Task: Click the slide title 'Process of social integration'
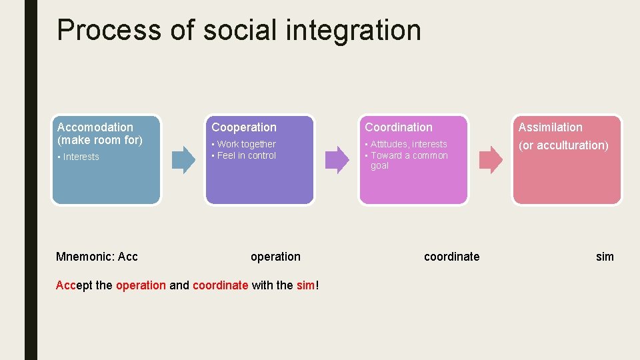(x=239, y=30)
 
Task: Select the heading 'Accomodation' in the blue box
(x=95, y=127)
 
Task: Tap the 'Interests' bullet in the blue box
(x=81, y=157)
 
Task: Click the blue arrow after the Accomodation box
(x=183, y=159)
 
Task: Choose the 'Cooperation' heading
(x=244, y=127)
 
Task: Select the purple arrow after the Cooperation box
(x=337, y=159)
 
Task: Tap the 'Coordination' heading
(x=399, y=127)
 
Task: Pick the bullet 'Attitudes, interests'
(x=409, y=144)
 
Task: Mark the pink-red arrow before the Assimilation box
(x=491, y=159)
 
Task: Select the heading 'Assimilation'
(x=551, y=127)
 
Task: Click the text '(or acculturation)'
(x=563, y=145)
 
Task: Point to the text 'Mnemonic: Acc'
(x=97, y=257)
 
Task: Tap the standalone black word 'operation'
(x=275, y=257)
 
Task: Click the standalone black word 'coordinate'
(x=451, y=257)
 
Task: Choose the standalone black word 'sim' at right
(x=605, y=257)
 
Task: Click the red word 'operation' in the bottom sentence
(x=141, y=285)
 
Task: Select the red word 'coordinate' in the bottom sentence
(x=220, y=285)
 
